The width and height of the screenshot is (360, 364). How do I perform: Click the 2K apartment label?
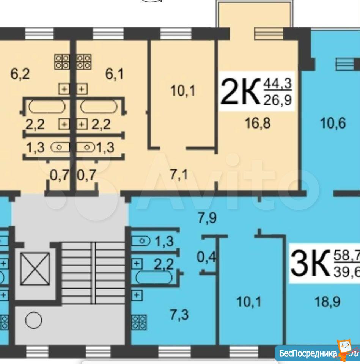pyautogui.click(x=240, y=92)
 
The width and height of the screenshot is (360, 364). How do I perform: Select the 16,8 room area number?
pyautogui.click(x=258, y=123)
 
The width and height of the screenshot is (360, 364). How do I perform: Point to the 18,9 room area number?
pyautogui.click(x=327, y=302)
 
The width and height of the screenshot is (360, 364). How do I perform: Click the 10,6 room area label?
pyautogui.click(x=333, y=123)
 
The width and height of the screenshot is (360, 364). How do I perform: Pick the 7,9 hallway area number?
pyautogui.click(x=207, y=218)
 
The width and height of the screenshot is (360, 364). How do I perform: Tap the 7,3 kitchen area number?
pyautogui.click(x=179, y=315)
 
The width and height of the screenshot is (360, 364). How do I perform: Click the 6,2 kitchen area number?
pyautogui.click(x=20, y=74)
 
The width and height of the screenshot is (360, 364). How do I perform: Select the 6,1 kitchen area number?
pyautogui.click(x=115, y=74)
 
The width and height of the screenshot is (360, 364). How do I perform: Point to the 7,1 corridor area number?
pyautogui.click(x=179, y=175)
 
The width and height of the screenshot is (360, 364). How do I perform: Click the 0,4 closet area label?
pyautogui.click(x=206, y=257)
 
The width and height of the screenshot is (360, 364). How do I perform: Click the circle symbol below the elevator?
pyautogui.click(x=34, y=320)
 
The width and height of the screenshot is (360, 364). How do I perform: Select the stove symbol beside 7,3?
pyautogui.click(x=139, y=322)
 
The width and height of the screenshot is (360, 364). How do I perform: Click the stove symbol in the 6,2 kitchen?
pyautogui.click(x=62, y=62)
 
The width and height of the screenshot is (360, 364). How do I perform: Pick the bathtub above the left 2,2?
pyautogui.click(x=47, y=107)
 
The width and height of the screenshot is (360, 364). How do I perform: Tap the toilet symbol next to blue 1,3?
pyautogui.click(x=141, y=241)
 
